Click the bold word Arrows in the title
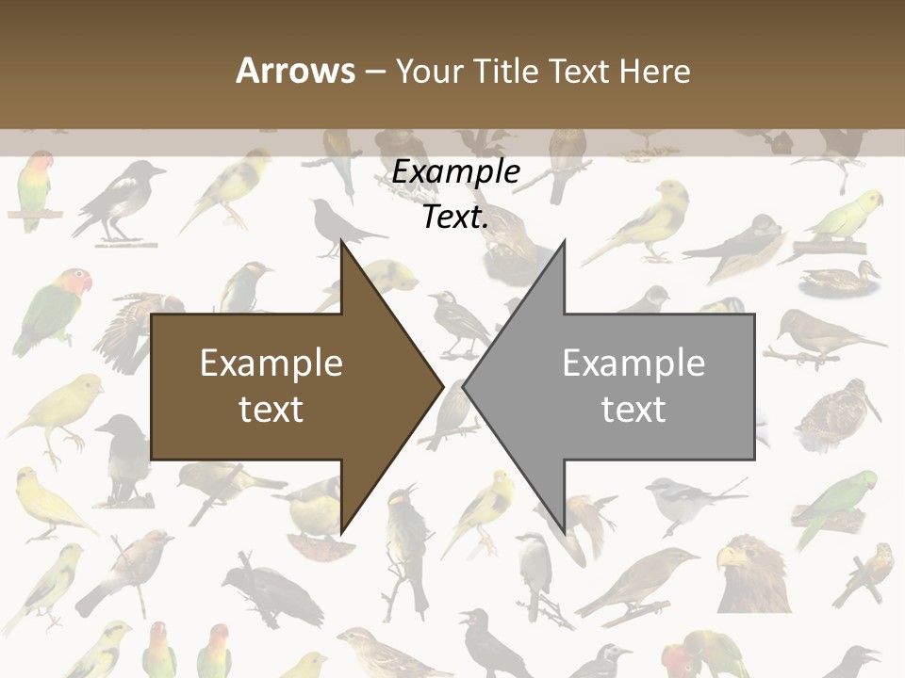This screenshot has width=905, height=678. pyautogui.click(x=296, y=71)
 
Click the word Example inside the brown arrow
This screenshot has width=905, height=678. pyautogui.click(x=271, y=363)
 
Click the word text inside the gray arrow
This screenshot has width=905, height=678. pyautogui.click(x=633, y=410)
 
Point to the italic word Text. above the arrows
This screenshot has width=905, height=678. pyautogui.click(x=455, y=218)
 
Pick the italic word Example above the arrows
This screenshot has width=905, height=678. pyautogui.click(x=455, y=172)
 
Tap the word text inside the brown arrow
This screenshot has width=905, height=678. pyautogui.click(x=271, y=410)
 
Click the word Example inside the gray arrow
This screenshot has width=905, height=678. pyautogui.click(x=633, y=363)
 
